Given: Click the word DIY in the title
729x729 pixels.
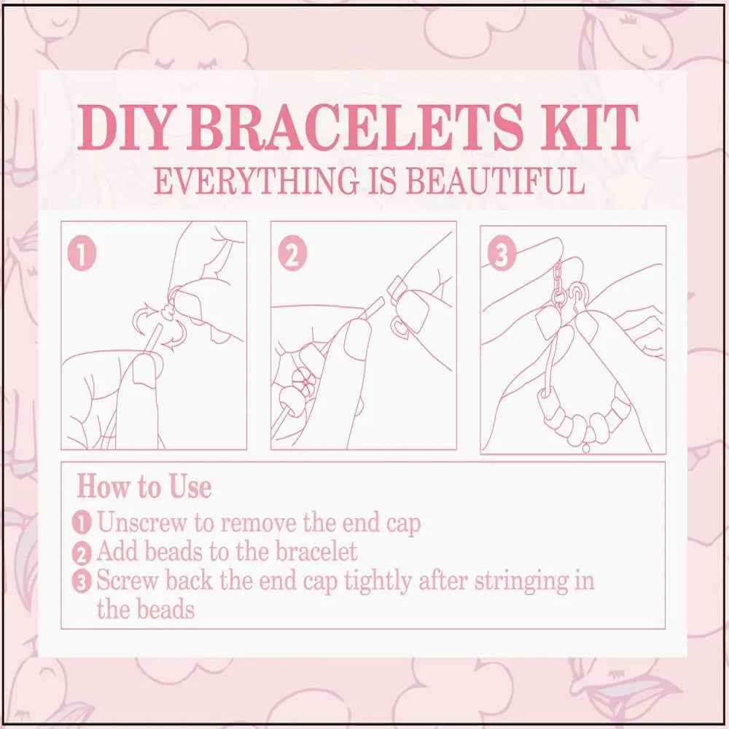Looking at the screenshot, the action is point(123,127).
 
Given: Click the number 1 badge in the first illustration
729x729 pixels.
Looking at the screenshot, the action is point(82,254).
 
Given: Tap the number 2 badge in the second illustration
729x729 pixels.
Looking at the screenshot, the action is point(292,254).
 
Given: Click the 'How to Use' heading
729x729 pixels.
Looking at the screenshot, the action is point(144,487).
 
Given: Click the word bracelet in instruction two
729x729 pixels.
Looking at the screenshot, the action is point(316,551).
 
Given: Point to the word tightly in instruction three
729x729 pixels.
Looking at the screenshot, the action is point(378,581).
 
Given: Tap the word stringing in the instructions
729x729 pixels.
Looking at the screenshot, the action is point(521,581).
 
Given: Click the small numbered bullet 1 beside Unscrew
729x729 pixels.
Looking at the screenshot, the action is point(82,523).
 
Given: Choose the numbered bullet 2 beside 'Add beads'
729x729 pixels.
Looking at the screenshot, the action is point(82,553).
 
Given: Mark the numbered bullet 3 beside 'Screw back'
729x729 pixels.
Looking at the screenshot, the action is point(82,582).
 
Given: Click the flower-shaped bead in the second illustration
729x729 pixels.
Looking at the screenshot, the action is point(305,381).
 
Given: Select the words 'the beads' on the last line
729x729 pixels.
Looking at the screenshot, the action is point(146,609).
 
